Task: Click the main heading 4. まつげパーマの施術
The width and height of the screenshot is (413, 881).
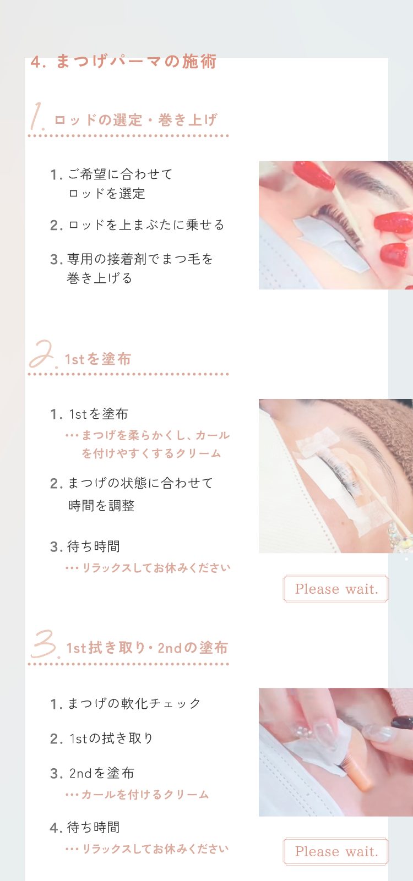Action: pos(123,62)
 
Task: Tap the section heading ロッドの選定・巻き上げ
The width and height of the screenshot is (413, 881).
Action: pos(136,120)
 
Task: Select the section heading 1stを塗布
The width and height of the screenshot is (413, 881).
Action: pos(97,359)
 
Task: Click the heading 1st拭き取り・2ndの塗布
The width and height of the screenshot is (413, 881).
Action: pos(147,648)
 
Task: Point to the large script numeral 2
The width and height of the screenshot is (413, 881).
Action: pos(42,355)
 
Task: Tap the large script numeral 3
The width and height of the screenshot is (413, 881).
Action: pos(45,644)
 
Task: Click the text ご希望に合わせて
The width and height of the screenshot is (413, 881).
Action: pos(121,174)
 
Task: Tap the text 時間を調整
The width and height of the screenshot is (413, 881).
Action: pos(101,506)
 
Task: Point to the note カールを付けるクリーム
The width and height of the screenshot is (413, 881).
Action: pos(145,795)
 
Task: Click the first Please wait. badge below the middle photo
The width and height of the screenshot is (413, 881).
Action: pos(336,589)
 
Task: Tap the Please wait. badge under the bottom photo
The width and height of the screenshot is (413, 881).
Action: pos(336,851)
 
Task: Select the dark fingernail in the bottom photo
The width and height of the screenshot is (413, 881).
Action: pos(401,723)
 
